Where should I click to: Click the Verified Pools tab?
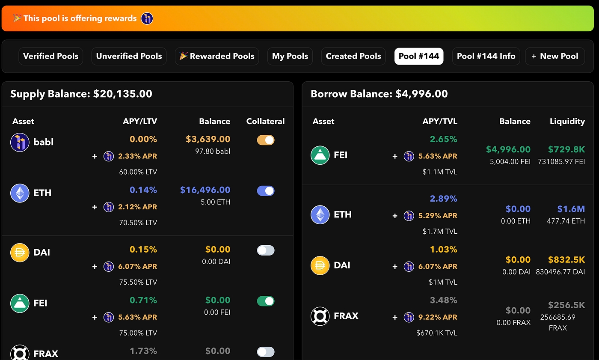[50, 56]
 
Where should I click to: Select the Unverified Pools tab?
[129, 56]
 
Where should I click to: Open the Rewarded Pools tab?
[217, 56]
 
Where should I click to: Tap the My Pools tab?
[290, 56]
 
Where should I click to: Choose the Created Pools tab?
[353, 56]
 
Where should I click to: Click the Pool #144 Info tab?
[486, 56]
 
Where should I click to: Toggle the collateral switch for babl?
[266, 140]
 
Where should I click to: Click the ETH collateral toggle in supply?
[266, 191]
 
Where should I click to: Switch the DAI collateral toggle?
[266, 250]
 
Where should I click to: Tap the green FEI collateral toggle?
[266, 301]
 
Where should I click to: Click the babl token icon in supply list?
[20, 142]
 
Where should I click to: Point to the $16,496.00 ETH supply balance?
[205, 190]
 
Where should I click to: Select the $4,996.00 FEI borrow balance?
[508, 149]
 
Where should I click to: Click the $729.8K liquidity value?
[566, 149]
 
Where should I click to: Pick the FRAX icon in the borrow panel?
[320, 316]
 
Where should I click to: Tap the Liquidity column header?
[567, 122]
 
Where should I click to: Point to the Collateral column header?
[265, 122]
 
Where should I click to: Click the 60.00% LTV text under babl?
[138, 172]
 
